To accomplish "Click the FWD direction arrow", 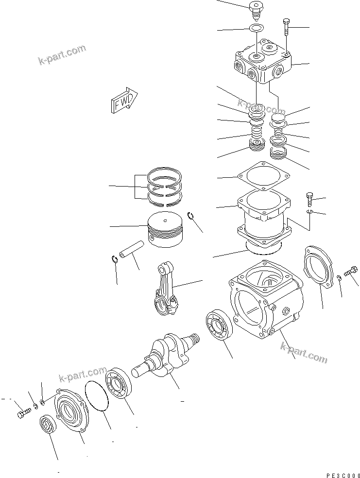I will tap(124, 102).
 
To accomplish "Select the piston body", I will tap(166, 229).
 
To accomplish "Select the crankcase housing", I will tap(265, 301).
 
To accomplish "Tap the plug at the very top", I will tap(255, 8).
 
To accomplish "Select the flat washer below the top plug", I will tap(257, 28).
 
